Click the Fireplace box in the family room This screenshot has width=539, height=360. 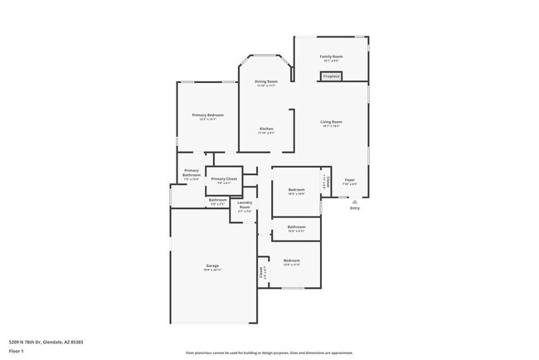click(x=331, y=76)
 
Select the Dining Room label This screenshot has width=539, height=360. click(x=265, y=81)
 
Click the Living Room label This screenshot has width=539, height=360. click(x=331, y=122)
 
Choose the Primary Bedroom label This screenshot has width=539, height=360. click(x=208, y=115)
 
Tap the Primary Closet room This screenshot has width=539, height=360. click(x=223, y=180)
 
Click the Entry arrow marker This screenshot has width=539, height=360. click(x=354, y=201)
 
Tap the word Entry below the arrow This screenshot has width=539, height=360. click(x=355, y=208)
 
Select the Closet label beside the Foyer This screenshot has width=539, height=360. click(x=328, y=181)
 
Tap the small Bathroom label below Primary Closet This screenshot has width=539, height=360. click(x=217, y=200)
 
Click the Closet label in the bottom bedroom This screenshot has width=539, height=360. click(x=263, y=270)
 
